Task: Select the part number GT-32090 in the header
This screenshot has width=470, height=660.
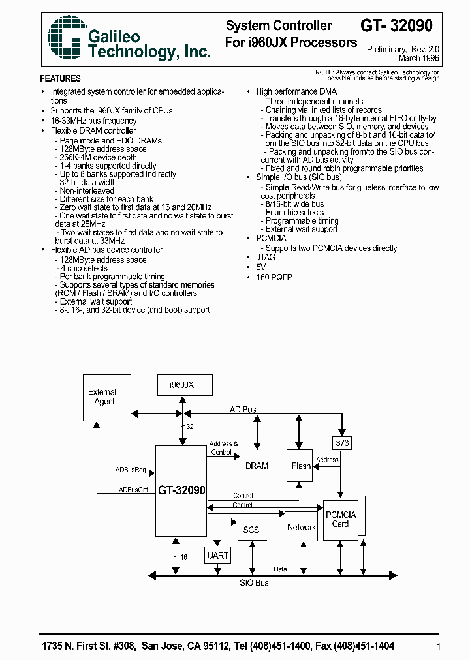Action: [396, 26]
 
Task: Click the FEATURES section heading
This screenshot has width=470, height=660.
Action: [61, 78]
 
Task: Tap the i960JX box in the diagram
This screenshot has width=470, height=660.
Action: [180, 385]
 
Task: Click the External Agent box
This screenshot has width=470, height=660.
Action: [102, 397]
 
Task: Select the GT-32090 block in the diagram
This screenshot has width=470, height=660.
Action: [181, 490]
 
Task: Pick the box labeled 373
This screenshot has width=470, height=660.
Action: [342, 443]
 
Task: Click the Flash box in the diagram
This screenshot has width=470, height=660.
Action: [301, 466]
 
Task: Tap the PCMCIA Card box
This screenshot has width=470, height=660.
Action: [341, 519]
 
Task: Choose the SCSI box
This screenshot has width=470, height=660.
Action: [252, 530]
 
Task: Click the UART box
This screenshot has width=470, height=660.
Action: [218, 556]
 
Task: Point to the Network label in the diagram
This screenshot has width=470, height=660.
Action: [301, 527]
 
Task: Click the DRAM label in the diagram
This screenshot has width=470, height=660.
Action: [257, 466]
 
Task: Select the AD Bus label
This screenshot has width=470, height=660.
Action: [243, 410]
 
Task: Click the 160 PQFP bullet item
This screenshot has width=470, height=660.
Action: [274, 277]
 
